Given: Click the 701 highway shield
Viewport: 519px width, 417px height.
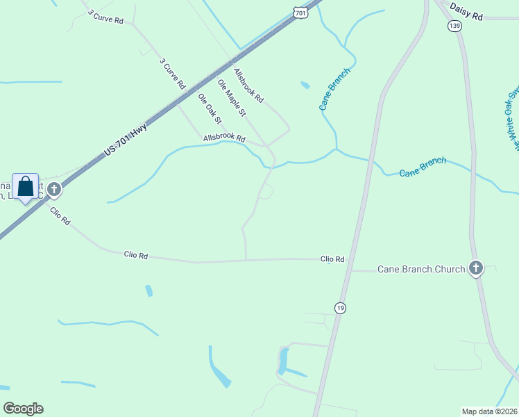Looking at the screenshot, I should pos(299,13).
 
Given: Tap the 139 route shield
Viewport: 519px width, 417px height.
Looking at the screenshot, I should pos(454,26).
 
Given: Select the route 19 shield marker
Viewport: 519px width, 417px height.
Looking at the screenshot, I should pos(339,308).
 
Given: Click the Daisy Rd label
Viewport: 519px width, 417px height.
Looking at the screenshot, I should pos(466,11).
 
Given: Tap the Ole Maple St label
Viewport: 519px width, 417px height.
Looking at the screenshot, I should pos(232,97).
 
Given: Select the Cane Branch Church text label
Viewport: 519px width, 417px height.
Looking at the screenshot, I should pos(420,269).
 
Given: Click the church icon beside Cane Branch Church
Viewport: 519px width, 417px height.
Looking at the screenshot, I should pos(476,268).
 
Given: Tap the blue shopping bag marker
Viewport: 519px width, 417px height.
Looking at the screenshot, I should pos(26,187).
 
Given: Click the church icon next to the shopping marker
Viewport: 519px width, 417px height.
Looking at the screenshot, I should pos(54,189).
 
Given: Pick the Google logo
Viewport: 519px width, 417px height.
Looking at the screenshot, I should pos(23,408).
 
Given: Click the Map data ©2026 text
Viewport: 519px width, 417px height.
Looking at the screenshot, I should pos(489,410).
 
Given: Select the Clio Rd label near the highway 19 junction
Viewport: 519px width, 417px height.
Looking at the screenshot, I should pos(332,259).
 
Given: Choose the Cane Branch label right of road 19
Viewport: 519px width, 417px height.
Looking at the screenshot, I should pos(423,167).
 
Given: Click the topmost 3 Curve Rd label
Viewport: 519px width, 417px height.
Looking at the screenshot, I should pos(105,17).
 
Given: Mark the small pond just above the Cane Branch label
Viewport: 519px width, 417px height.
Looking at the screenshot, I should pos(305,85).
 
